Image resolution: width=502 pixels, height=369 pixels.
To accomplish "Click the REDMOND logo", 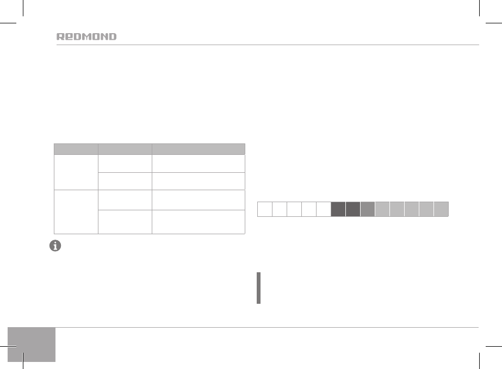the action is (x=86, y=36).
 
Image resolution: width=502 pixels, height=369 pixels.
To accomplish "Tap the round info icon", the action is (x=55, y=246).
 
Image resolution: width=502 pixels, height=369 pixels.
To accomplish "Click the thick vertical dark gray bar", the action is (x=259, y=288).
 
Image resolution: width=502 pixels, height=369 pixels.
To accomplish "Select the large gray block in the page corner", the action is (x=32, y=345).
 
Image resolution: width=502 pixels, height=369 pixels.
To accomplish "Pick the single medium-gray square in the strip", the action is (x=368, y=209).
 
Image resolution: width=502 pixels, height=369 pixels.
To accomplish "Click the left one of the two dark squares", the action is (x=338, y=209).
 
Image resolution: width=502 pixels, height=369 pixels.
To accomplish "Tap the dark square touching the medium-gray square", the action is (x=353, y=209).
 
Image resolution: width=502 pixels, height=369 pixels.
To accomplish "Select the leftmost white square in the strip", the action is (x=265, y=209).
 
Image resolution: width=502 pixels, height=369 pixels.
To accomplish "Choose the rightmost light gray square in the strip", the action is (x=441, y=209).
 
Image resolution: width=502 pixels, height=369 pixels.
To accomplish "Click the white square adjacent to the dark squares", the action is (x=324, y=209).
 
